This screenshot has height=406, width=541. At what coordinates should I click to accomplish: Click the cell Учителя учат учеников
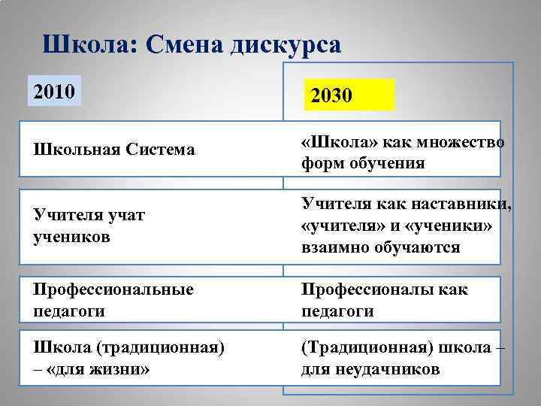pos(89,226)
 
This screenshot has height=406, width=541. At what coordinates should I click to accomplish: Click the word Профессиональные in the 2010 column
pos(113,289)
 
